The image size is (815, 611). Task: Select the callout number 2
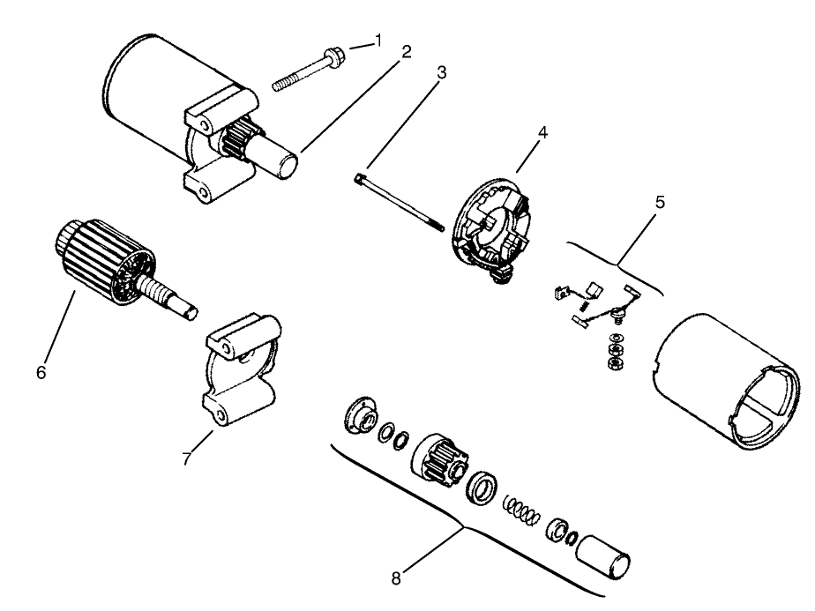pos(406,52)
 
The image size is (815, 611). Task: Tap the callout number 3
pos(441,73)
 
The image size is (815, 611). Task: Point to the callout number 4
pos(542,134)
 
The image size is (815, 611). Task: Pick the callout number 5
pos(661,201)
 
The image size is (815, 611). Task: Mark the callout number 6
pos(41,371)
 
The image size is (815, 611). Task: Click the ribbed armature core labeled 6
pos(102,260)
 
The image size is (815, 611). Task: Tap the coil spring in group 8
pos(521,509)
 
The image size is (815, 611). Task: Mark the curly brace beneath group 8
pos(463,526)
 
